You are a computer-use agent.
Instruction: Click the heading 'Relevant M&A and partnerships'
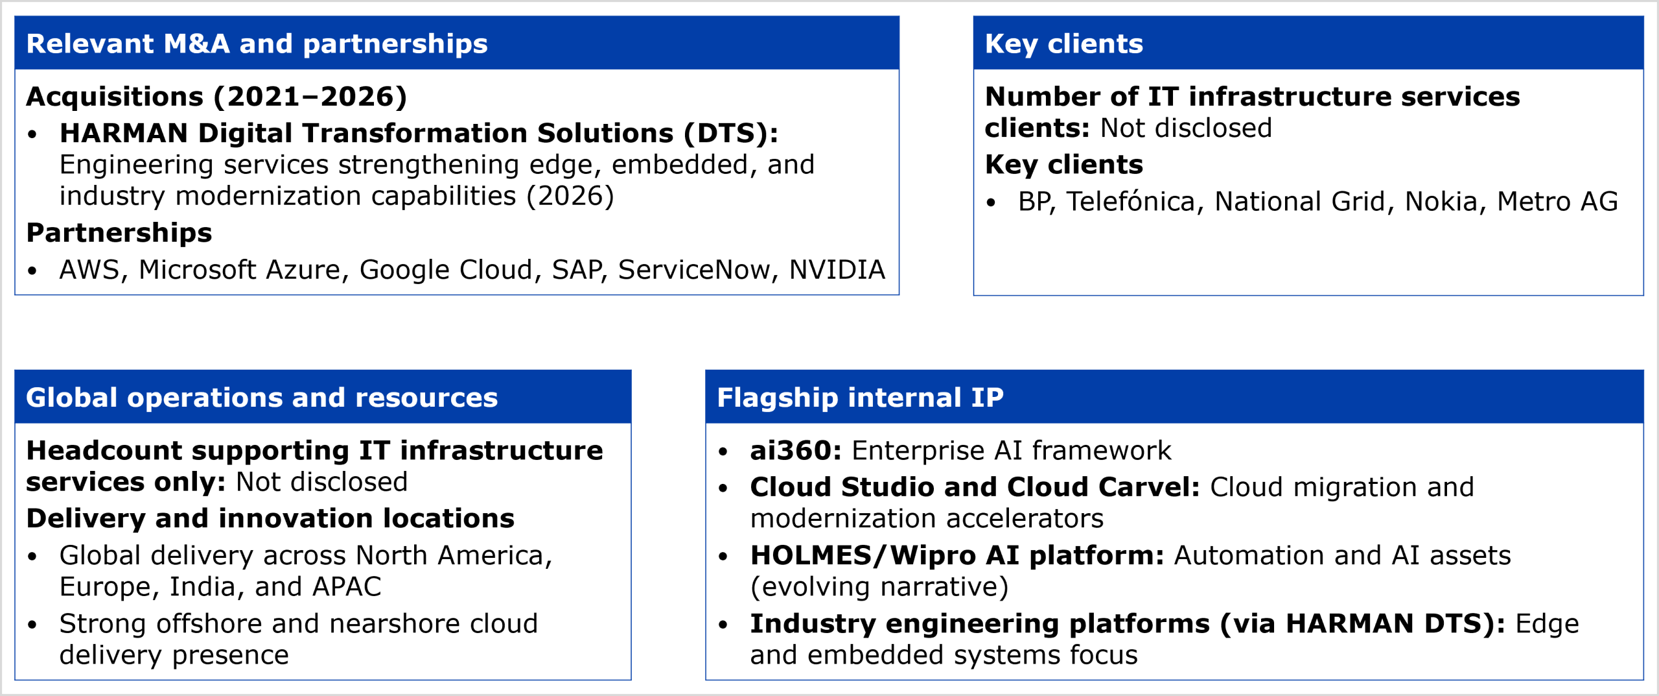(257, 43)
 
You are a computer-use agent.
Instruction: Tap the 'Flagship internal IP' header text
(860, 397)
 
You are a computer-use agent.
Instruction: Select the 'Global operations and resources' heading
(262, 397)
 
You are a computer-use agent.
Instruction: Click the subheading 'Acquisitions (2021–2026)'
(216, 97)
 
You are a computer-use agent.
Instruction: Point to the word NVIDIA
(837, 269)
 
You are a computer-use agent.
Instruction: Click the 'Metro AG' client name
(1557, 201)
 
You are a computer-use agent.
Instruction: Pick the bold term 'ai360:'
(796, 450)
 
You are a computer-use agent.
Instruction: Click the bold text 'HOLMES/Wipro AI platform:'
(957, 555)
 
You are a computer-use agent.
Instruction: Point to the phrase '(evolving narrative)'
(879, 587)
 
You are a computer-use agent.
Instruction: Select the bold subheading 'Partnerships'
(119, 232)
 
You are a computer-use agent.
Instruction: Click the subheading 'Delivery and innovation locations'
(270, 518)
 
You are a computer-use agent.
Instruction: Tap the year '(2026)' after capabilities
(570, 196)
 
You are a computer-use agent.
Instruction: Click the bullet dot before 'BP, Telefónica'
(991, 202)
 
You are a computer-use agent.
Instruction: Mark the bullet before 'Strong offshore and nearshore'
(32, 625)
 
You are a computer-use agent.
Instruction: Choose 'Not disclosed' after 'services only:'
(321, 482)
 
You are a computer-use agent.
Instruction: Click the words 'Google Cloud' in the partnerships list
(446, 270)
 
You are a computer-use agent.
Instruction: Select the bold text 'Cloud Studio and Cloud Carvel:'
(975, 486)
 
